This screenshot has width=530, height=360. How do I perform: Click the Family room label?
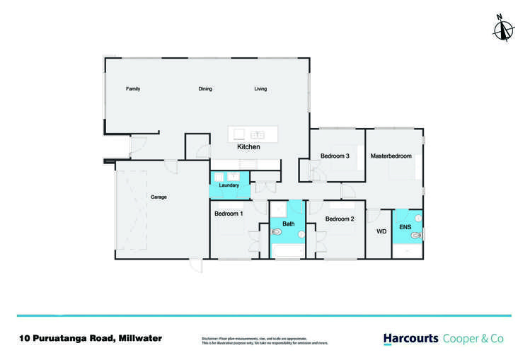(x=133, y=89)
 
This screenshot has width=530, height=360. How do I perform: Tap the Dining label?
(x=205, y=89)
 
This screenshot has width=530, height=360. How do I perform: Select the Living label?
(x=260, y=89)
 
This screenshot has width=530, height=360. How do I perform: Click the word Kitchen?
(x=248, y=147)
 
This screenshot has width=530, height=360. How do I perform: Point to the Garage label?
(x=159, y=197)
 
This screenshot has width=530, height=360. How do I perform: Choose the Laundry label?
(x=229, y=185)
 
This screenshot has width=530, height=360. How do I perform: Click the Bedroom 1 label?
(x=229, y=214)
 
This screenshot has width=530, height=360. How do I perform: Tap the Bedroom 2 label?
(x=340, y=219)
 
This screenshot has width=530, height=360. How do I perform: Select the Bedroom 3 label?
(x=335, y=156)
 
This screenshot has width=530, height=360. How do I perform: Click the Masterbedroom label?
(x=391, y=156)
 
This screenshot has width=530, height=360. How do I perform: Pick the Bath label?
(x=289, y=224)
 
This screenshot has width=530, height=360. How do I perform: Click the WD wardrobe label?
(x=381, y=231)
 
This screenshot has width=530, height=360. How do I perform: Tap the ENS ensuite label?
(x=405, y=228)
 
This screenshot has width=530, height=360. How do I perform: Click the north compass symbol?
(x=504, y=28)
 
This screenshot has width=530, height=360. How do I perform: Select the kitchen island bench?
(x=253, y=134)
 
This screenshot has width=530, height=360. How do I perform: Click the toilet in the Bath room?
(x=277, y=231)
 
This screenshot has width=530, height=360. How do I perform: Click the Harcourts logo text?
(x=410, y=339)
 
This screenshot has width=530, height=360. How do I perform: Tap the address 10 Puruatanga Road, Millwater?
(x=91, y=338)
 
